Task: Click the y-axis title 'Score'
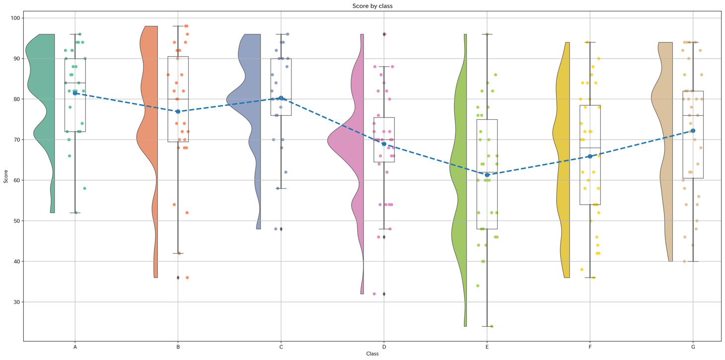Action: (x=6, y=176)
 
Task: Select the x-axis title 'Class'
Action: (x=372, y=354)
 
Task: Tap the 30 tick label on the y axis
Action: (x=16, y=302)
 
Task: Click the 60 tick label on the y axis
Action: (x=16, y=180)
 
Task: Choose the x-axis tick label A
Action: (x=75, y=347)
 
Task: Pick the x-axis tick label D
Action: (x=384, y=347)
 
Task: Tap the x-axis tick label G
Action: (x=693, y=347)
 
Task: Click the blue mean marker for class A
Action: (x=75, y=93)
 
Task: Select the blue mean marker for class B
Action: (x=178, y=112)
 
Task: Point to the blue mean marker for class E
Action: (x=487, y=175)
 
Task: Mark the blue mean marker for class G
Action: (x=693, y=131)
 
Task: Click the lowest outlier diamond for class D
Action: (x=384, y=294)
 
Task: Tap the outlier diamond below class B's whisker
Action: (x=178, y=278)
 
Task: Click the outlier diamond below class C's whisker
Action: (x=281, y=229)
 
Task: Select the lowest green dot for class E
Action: (x=492, y=326)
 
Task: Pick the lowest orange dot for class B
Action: (x=187, y=278)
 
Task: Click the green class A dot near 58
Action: (x=84, y=189)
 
